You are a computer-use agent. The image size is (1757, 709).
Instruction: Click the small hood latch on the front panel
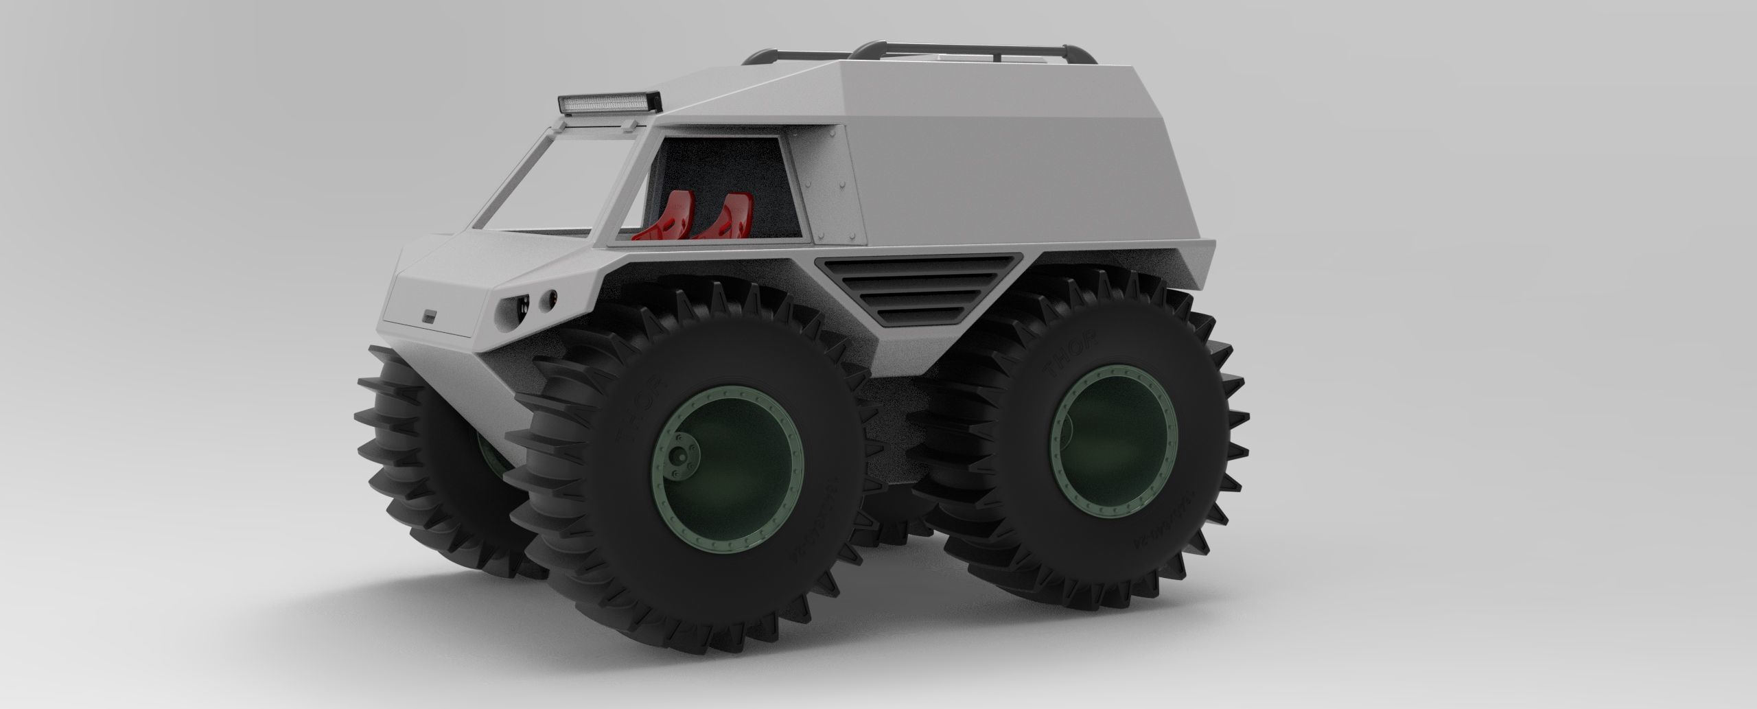pyautogui.click(x=430, y=316)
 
